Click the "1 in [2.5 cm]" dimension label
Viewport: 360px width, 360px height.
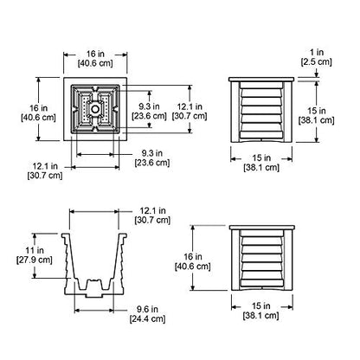(x=317, y=57)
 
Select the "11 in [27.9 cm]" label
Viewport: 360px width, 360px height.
(x=34, y=255)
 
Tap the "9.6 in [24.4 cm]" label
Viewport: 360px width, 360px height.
(x=147, y=314)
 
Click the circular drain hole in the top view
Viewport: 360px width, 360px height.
(x=95, y=109)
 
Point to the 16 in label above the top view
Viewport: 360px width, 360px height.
(x=95, y=58)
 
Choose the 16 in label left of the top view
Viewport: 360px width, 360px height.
(x=38, y=112)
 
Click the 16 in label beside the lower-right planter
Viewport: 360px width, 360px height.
(x=193, y=261)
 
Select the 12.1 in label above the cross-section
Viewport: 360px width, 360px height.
(x=152, y=215)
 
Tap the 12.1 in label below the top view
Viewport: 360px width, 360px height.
(x=45, y=170)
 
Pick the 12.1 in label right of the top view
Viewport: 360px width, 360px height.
(x=190, y=111)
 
